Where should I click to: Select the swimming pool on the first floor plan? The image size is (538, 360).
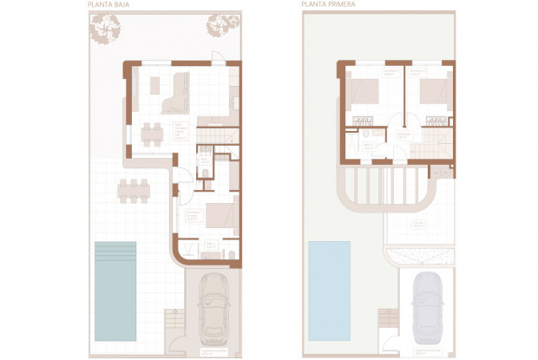(330, 278)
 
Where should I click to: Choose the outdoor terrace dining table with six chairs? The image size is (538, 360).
(133, 188)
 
